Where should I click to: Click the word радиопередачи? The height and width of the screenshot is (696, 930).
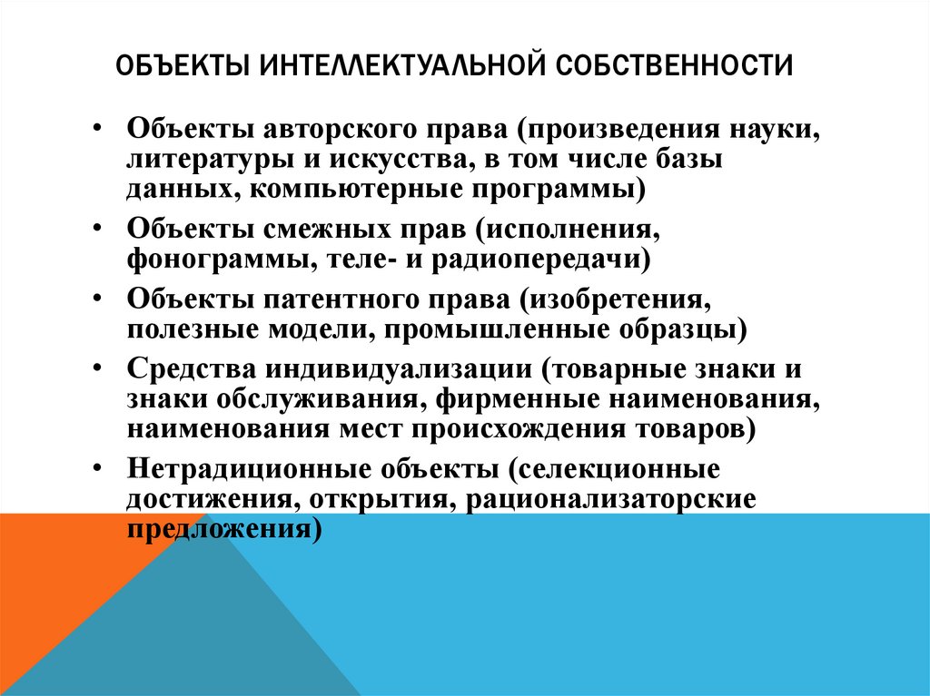point(541,260)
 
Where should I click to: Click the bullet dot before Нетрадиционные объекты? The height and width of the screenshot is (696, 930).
point(98,467)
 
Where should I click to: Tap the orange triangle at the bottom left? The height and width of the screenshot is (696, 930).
point(54,563)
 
